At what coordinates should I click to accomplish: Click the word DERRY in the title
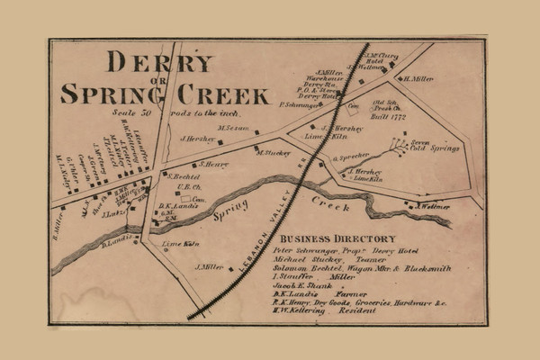point(160,62)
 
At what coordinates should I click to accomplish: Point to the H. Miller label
point(420,79)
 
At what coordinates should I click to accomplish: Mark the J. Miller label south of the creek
point(209,267)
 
